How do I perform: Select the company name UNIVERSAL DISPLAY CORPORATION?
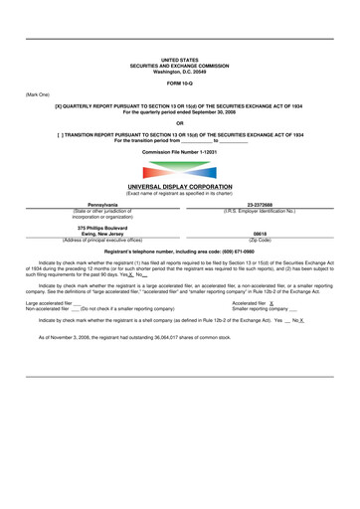pyautogui.click(x=179, y=187)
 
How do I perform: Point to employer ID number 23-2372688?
pyautogui.click(x=261, y=205)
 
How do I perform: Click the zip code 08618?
pyautogui.click(x=260, y=235)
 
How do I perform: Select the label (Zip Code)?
pyautogui.click(x=260, y=241)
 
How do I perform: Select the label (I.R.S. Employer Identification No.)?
pyautogui.click(x=260, y=211)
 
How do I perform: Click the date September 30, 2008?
pyautogui.click(x=225, y=112)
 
